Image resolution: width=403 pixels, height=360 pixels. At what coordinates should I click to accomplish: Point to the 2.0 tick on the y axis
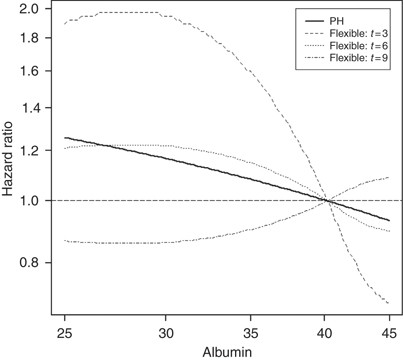point(29,9)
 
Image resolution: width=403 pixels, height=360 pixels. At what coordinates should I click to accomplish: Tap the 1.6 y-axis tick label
point(29,72)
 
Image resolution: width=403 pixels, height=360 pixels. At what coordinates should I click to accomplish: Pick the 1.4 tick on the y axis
point(29,108)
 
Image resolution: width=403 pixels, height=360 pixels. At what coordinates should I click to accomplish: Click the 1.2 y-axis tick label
point(29,150)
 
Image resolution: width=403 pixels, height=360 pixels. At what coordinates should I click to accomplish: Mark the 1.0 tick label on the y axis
point(29,200)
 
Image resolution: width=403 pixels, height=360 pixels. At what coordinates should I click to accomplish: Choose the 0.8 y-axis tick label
point(29,263)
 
